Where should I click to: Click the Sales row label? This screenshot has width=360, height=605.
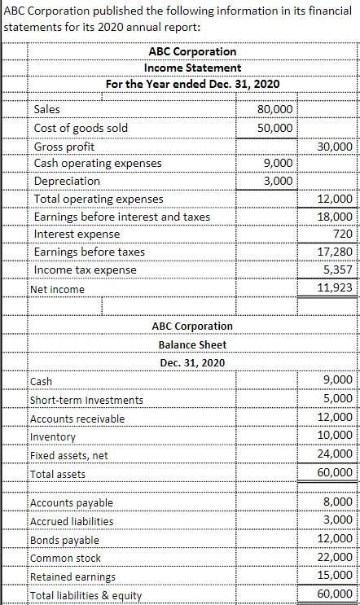(46, 109)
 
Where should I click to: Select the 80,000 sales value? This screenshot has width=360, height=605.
(275, 109)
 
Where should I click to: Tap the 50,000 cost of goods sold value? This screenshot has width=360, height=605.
(275, 128)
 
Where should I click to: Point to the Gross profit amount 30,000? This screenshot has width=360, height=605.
(337, 147)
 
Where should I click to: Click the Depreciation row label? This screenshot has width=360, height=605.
(67, 181)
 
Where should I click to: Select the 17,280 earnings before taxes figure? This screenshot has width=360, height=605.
(337, 252)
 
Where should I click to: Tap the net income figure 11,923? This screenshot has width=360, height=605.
(337, 288)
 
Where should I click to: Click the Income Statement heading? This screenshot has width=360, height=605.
(192, 68)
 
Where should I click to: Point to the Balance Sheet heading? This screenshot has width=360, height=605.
(192, 344)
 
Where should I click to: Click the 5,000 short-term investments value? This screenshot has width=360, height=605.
(340, 399)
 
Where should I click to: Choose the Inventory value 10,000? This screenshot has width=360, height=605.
(337, 436)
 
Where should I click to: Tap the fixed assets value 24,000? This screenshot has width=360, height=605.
(337, 454)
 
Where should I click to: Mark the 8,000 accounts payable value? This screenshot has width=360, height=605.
(340, 502)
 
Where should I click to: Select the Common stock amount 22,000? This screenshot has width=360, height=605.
(337, 558)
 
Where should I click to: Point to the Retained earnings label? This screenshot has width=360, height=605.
(72, 577)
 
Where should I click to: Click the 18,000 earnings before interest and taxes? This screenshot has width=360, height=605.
(337, 217)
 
